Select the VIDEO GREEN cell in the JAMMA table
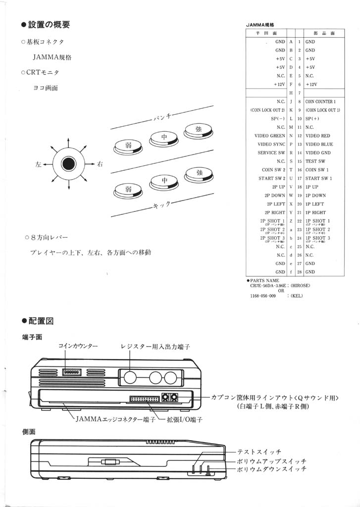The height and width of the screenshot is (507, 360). click(x=270, y=136)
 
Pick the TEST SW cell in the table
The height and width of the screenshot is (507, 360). click(x=315, y=161)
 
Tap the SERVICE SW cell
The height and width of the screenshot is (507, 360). click(x=271, y=152)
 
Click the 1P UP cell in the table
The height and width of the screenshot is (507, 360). click(x=312, y=187)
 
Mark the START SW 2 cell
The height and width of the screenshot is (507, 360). click(x=271, y=178)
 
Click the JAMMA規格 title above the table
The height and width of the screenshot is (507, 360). click(x=260, y=24)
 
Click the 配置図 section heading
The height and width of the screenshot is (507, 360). click(x=43, y=320)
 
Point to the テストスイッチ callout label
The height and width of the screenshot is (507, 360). click(x=259, y=452)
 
